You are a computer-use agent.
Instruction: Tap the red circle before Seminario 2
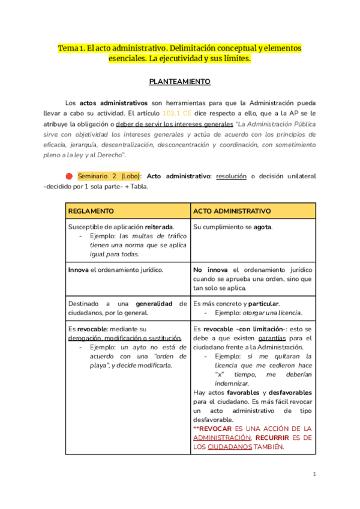pos(69,176)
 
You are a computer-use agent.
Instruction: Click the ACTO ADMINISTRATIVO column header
pos(232,211)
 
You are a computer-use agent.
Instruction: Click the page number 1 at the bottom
pos(314,474)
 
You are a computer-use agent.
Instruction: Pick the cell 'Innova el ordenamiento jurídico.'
pos(115,270)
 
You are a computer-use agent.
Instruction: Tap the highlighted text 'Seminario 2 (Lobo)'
pos(109,176)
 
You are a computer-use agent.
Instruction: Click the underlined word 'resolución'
pos(232,176)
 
